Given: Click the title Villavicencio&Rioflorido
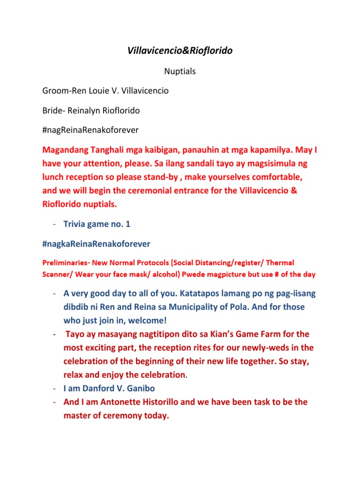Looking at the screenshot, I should pyautogui.click(x=180, y=51).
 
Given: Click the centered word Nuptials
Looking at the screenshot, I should pyautogui.click(x=180, y=71).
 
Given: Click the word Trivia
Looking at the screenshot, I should pyautogui.click(x=75, y=224).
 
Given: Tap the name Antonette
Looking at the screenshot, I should pyautogui.click(x=110, y=402).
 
